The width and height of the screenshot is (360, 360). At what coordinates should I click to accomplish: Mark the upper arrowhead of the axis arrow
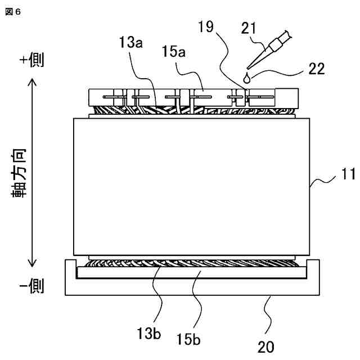(33, 82)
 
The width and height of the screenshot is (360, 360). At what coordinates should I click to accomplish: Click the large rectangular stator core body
(192, 186)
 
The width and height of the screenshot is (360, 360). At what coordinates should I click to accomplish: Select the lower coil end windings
(192, 264)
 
